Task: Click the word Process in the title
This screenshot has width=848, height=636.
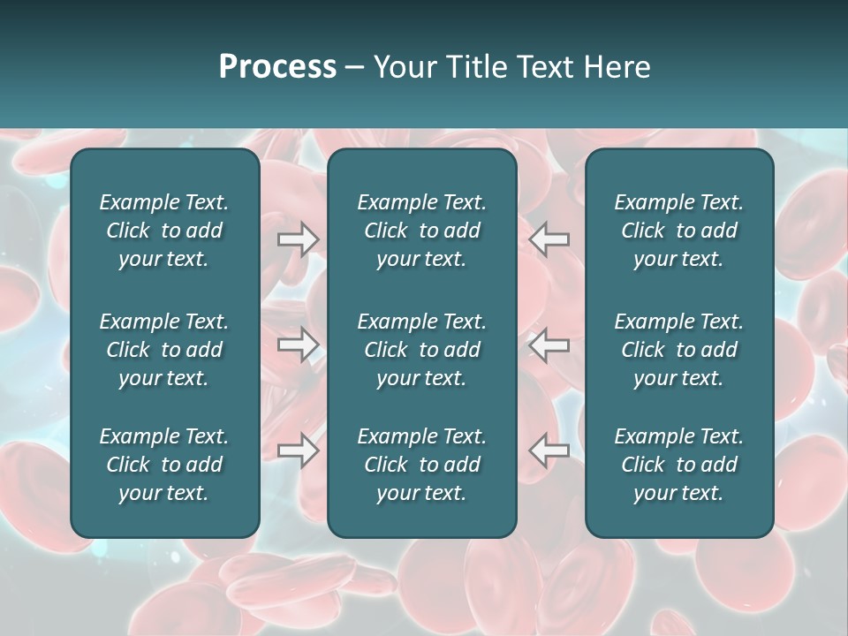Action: pos(277,67)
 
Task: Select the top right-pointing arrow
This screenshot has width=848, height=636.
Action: pos(299,239)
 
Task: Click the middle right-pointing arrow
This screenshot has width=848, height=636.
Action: pos(299,344)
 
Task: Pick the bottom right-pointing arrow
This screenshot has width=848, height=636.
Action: pos(299,450)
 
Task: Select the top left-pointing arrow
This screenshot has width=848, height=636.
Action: pos(549,239)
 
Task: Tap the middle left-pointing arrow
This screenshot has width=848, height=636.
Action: pos(549,344)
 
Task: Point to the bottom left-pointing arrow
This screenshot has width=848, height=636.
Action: pos(549,450)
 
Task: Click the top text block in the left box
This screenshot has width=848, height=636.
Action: pos(164,231)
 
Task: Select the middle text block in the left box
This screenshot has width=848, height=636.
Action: pos(164,350)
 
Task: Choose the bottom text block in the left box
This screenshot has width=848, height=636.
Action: pos(164,465)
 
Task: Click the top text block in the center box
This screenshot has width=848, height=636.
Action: pos(421,231)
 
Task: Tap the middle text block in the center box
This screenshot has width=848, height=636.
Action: pos(421,350)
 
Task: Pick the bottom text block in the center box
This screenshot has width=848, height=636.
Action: pos(421,465)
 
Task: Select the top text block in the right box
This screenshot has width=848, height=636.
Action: pos(678,231)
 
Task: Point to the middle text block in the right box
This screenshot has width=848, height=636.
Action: pos(678,350)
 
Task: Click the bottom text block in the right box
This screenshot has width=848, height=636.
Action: pos(678,465)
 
